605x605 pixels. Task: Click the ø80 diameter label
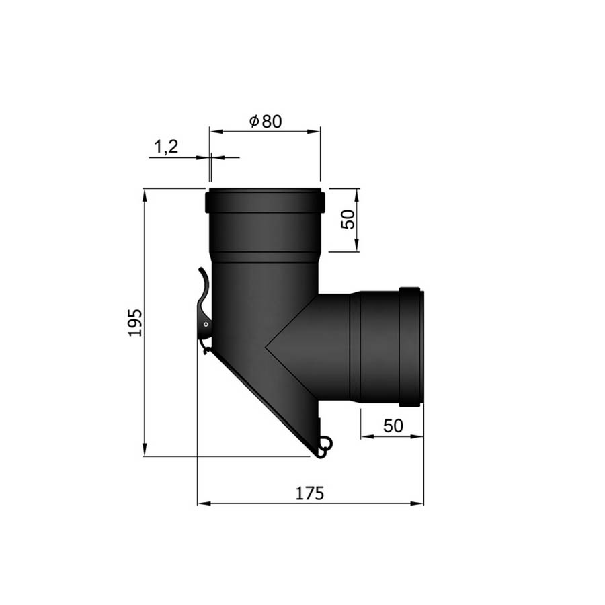[x=266, y=121]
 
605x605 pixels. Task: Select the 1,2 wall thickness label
[x=166, y=147]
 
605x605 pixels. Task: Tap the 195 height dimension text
[x=135, y=323]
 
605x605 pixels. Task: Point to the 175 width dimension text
[x=309, y=493]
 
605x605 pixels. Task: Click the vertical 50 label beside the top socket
[x=348, y=219]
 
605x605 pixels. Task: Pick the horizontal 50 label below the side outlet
[x=393, y=426]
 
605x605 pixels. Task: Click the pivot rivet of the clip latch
[x=206, y=325]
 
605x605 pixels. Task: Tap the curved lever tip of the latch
[x=201, y=270]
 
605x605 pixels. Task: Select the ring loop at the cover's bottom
[x=326, y=443]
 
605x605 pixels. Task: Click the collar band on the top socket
[x=265, y=200]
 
